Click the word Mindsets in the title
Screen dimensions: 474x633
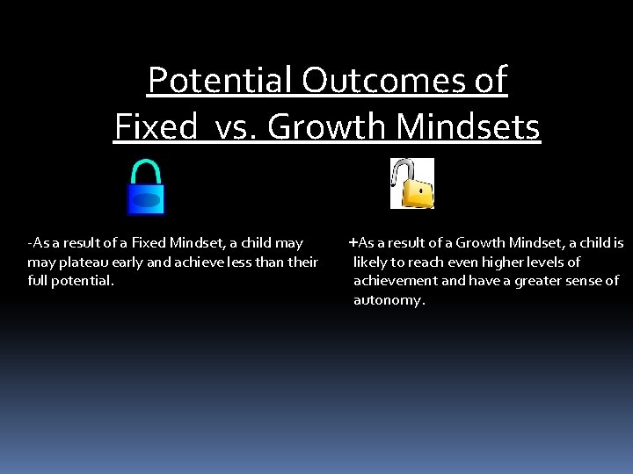(x=468, y=127)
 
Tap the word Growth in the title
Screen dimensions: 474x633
(x=327, y=127)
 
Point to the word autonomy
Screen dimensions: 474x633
(x=388, y=300)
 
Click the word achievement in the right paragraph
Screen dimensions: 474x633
(x=395, y=281)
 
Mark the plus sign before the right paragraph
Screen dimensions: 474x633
(x=353, y=242)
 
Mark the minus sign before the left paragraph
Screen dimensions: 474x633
(x=30, y=243)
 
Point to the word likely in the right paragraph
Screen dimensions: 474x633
(x=372, y=262)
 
